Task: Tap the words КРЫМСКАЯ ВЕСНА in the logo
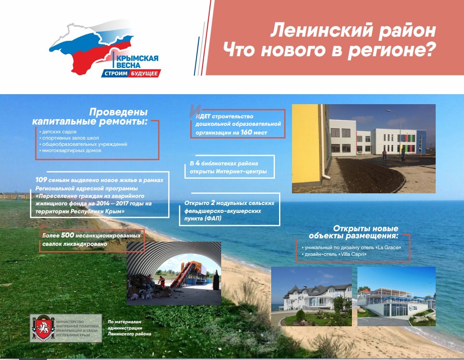(x=137, y=61)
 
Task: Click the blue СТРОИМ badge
(x=115, y=73)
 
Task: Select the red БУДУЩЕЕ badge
(x=145, y=73)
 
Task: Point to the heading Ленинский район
(x=353, y=30)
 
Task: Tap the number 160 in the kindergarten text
(x=246, y=132)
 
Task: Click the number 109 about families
(x=41, y=180)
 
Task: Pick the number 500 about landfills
(x=67, y=235)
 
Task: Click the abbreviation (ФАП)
(x=212, y=218)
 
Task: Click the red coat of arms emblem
(x=43, y=328)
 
